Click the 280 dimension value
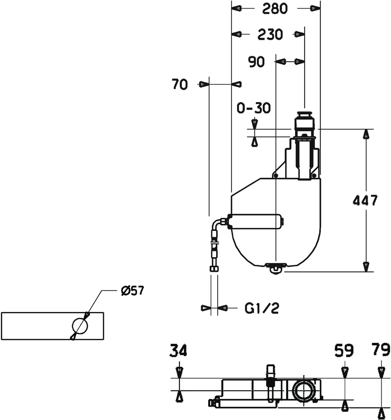click(x=275, y=8)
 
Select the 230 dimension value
click(x=270, y=34)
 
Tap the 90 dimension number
click(x=256, y=62)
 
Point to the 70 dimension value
click(x=180, y=85)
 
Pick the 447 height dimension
click(x=365, y=201)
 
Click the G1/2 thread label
click(x=262, y=309)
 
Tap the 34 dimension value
click(x=178, y=351)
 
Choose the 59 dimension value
click(x=343, y=351)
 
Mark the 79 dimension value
click(x=381, y=351)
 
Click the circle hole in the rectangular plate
click(x=79, y=326)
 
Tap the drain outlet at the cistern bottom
click(x=274, y=268)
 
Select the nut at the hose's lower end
click(x=214, y=269)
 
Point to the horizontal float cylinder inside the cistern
click(x=255, y=221)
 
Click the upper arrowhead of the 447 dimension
click(x=366, y=133)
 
